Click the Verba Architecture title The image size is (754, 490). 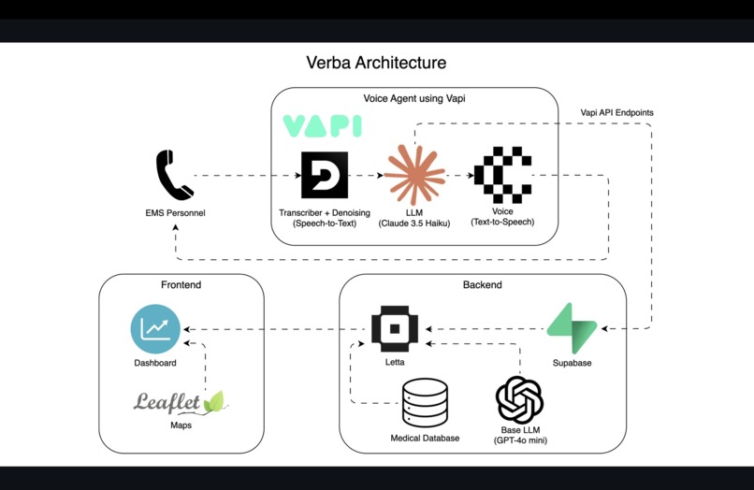[x=376, y=63]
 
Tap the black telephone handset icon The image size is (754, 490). [x=174, y=175]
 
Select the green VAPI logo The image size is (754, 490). [x=322, y=126]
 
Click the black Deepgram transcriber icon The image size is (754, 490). [x=325, y=175]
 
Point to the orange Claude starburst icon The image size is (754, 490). [x=414, y=175]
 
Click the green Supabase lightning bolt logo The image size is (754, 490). [x=572, y=328]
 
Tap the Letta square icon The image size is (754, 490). [x=395, y=328]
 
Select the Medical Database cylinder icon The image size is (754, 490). [x=425, y=403]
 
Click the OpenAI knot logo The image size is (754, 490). [x=519, y=399]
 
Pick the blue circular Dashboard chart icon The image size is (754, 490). [x=155, y=328]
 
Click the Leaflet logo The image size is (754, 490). [x=181, y=402]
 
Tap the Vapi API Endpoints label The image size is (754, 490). [x=616, y=112]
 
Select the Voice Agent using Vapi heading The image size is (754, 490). [x=413, y=98]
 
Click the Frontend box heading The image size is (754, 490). [x=181, y=284]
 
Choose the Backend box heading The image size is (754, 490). [x=482, y=284]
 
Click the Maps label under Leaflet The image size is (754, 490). [x=181, y=425]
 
